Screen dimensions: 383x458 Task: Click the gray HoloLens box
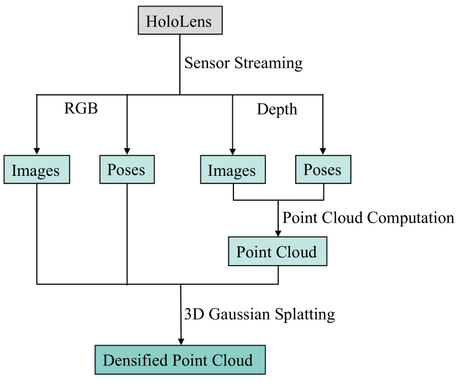pos(180,20)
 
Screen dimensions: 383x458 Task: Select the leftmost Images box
pos(37,170)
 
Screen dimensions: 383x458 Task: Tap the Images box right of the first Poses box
pos(232,170)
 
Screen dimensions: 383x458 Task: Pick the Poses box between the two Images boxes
pos(127,169)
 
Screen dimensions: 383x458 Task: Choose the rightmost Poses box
pos(323,169)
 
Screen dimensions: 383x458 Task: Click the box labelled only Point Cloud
pos(278,251)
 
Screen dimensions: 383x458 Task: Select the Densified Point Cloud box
pos(180,360)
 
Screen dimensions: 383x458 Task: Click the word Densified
pos(135,360)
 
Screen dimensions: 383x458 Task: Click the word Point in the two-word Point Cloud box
pos(254,252)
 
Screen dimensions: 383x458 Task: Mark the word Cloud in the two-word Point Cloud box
pos(296,252)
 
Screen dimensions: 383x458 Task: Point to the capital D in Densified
pos(108,360)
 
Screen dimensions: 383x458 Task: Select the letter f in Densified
pos(146,360)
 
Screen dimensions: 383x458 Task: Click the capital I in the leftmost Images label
pos(14,171)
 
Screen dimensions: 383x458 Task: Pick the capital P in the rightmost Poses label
pos(307,170)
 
